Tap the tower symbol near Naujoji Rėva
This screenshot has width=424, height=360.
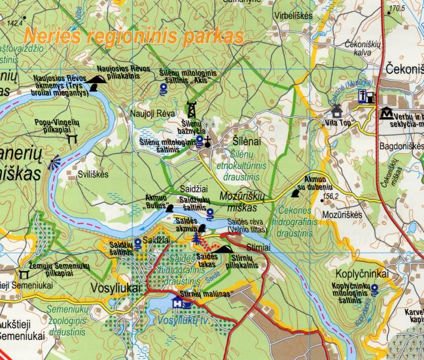192,109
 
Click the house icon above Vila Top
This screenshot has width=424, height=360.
337,109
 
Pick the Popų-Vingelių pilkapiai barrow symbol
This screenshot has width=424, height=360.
72,139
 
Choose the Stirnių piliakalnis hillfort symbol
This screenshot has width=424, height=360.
223,249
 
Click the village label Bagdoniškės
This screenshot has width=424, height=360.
401,146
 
